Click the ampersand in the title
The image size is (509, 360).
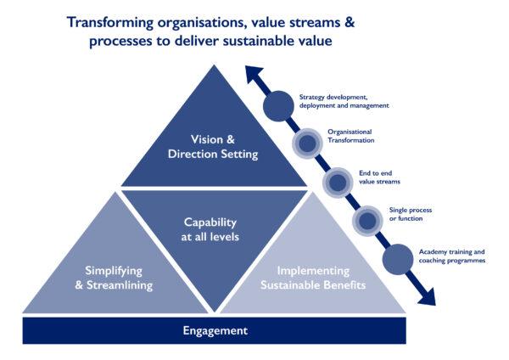point(350,23)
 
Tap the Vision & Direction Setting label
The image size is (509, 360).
point(213,147)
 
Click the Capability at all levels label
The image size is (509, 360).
point(210,229)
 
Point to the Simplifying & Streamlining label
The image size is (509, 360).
point(114,278)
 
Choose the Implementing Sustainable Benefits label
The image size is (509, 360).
point(313,278)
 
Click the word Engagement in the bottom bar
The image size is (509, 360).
point(215,330)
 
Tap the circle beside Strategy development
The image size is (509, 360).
point(278,106)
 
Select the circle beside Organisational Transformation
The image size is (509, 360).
point(307,143)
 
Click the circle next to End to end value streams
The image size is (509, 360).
point(338,183)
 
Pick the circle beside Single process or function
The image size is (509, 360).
point(367,221)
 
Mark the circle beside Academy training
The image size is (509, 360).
point(398,259)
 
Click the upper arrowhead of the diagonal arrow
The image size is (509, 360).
point(254,74)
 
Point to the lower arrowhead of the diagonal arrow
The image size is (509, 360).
point(428,296)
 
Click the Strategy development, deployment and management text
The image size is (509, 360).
point(344,101)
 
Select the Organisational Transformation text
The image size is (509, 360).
point(350,136)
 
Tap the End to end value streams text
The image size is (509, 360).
point(379,177)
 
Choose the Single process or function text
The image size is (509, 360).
point(411,215)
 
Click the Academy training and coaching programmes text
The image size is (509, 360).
point(452,256)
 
